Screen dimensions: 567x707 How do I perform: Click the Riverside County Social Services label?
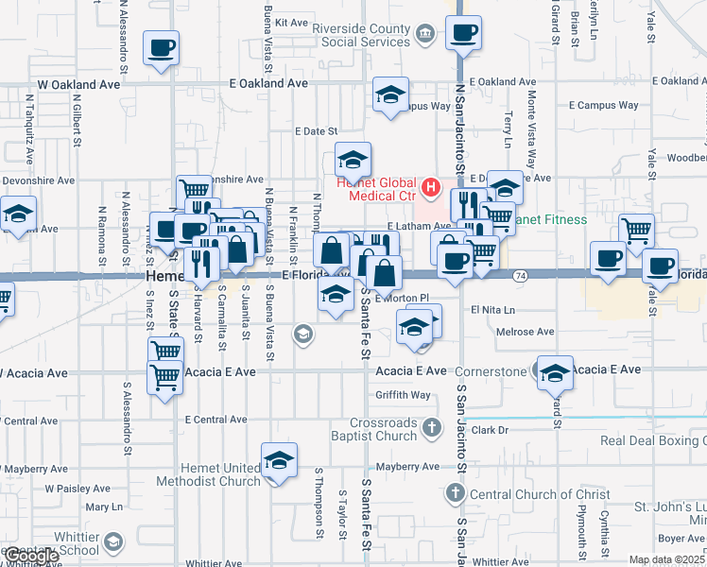pyautogui.click(x=363, y=35)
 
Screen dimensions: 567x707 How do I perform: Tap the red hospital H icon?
pyautogui.click(x=431, y=187)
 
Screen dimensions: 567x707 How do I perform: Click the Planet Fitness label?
pyautogui.click(x=551, y=219)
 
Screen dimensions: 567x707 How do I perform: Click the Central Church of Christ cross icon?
pyautogui.click(x=456, y=493)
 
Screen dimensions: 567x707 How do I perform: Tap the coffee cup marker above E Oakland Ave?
pyautogui.click(x=463, y=33)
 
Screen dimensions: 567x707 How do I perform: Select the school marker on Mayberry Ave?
pyautogui.click(x=279, y=460)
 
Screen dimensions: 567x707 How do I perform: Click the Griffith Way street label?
pyautogui.click(x=403, y=395)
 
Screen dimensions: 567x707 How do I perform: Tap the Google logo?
pyautogui.click(x=30, y=557)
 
